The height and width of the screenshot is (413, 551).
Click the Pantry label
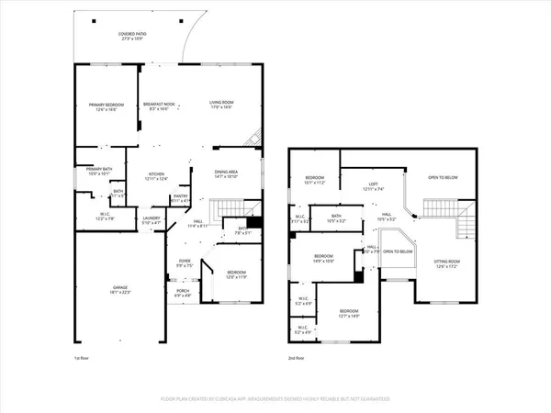coord(181,196)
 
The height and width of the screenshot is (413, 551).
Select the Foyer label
coord(186,262)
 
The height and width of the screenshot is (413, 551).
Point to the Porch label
coord(184,292)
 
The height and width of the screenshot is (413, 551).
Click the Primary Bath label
coord(98,169)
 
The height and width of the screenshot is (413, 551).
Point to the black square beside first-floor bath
coord(255,222)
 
